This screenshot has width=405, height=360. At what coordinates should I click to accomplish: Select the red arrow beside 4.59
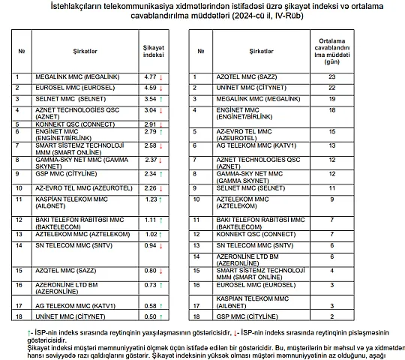pyautogui.click(x=160, y=88)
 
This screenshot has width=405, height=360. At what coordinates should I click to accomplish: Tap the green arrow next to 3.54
pyautogui.click(x=160, y=99)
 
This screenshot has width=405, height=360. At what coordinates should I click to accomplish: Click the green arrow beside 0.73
pyautogui.click(x=160, y=285)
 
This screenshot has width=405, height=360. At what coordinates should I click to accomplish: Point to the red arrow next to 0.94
pyautogui.click(x=160, y=245)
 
